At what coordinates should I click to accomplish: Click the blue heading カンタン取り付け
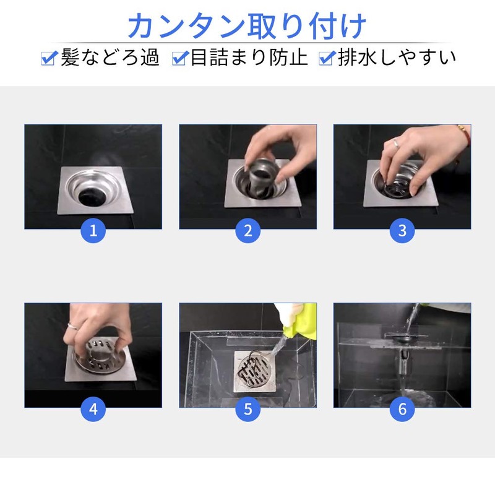(247, 26)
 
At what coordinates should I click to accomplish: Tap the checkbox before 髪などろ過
(49, 59)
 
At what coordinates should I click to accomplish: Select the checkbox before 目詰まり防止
(180, 59)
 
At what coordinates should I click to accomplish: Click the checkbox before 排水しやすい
(326, 59)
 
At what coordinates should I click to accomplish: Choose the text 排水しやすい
(397, 58)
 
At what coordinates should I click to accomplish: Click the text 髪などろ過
(110, 58)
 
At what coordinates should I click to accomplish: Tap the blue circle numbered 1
(93, 231)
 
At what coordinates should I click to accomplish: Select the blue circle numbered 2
(248, 231)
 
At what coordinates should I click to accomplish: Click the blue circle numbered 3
(402, 231)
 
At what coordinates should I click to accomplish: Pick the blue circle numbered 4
(93, 409)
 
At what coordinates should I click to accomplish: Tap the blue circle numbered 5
(248, 409)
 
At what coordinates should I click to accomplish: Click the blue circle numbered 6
(402, 409)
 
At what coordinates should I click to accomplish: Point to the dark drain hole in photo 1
(93, 195)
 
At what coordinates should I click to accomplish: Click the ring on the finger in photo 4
(73, 326)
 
